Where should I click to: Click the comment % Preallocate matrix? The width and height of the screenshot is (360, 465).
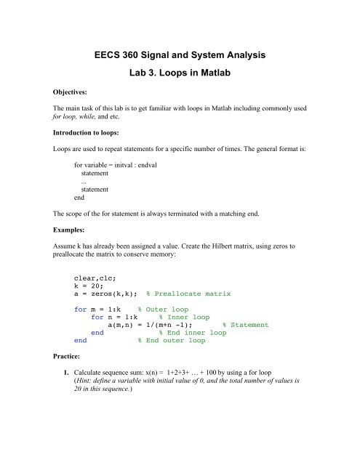[x=188, y=294]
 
